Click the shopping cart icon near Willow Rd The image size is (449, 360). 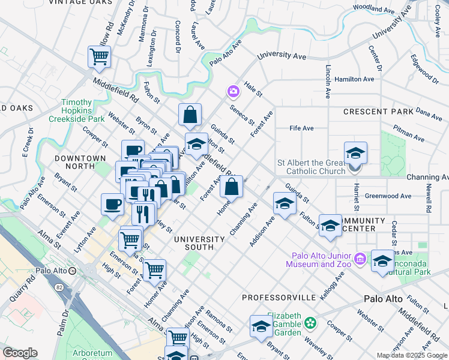point(99,57)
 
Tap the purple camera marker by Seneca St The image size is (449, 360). point(233,91)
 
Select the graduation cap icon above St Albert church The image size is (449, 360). point(355,152)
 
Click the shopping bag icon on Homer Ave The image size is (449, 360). point(231,187)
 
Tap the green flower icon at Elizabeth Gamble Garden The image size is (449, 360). point(310,323)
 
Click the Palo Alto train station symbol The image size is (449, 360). point(73,271)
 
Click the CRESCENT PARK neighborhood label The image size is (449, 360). point(378,112)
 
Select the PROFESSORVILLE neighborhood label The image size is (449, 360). point(279,298)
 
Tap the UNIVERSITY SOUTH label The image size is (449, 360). point(199,239)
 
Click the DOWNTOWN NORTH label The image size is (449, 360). point(80,158)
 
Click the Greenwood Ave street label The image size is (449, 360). point(388,196)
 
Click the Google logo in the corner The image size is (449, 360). point(20,353)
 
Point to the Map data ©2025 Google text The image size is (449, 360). point(412,355)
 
